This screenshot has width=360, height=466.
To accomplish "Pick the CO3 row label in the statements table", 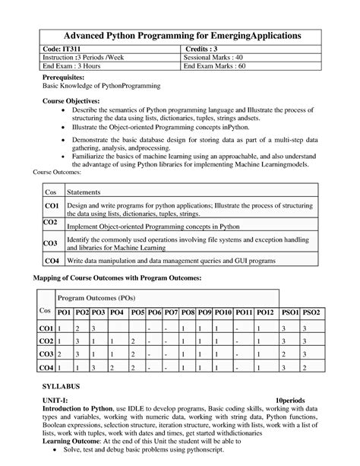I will click(x=51, y=243).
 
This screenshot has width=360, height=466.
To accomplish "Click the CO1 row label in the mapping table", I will click(x=47, y=328).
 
